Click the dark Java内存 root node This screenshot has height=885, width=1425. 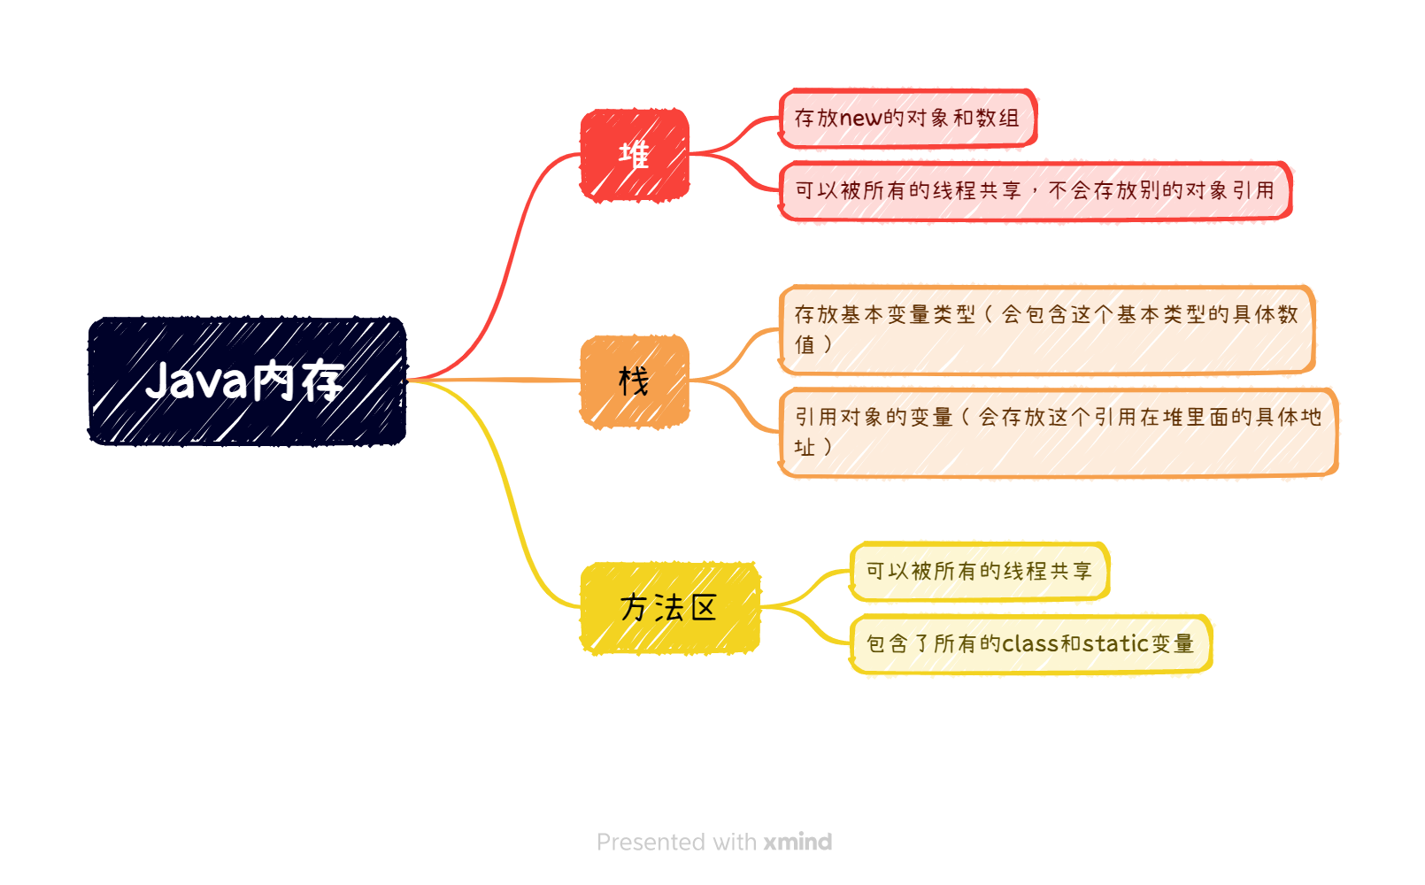coord(247,381)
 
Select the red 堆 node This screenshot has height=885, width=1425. coord(634,156)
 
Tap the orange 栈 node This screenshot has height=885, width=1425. coord(634,381)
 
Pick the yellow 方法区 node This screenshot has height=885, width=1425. coord(670,608)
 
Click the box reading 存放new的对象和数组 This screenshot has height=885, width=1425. coord(907,118)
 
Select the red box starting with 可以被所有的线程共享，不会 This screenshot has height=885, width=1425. coord(1035,190)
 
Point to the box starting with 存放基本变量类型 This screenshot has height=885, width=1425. coord(1046,329)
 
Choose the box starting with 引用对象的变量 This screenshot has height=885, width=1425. coord(1058,432)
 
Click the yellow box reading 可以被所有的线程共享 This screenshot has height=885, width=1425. coord(979,571)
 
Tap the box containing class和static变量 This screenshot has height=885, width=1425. coord(1030,643)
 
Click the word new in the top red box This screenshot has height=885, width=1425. coord(860,119)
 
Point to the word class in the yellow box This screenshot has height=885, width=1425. coord(1030,644)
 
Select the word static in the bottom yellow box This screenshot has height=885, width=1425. coord(1116,643)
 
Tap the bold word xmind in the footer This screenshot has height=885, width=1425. coord(797,842)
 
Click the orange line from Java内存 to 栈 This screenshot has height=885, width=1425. coord(496,380)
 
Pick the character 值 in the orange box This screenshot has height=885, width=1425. coord(805,344)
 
